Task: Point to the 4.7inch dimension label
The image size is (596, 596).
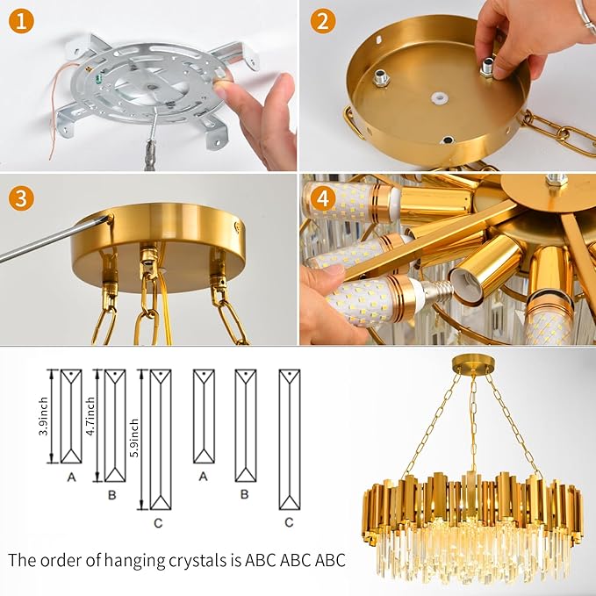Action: point(95,426)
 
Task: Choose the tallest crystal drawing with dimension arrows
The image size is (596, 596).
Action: point(160,439)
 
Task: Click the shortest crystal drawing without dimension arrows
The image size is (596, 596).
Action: point(203,415)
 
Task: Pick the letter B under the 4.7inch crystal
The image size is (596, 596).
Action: point(111,493)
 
